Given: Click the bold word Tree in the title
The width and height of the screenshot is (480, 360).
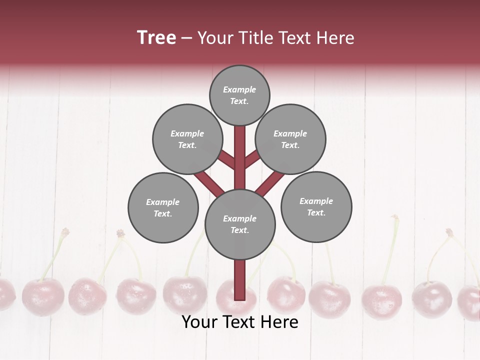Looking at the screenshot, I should [x=156, y=37].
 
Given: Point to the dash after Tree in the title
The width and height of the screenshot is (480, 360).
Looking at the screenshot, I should [x=186, y=38].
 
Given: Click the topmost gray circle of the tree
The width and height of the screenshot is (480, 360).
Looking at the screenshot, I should [x=239, y=95].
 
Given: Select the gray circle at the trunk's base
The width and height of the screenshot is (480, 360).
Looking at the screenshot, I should [x=240, y=224].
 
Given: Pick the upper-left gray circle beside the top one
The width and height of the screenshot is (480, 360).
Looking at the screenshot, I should [x=187, y=139].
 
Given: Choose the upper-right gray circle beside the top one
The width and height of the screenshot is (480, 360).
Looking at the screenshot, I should [x=290, y=139].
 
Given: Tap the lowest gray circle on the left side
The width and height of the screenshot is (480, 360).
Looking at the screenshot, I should [x=163, y=207].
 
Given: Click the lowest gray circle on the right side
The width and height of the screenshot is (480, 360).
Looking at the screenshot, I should [x=316, y=206].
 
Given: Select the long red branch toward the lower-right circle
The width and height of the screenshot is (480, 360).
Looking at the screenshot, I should [x=270, y=183].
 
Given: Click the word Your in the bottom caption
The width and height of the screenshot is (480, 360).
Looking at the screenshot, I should [x=199, y=322].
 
